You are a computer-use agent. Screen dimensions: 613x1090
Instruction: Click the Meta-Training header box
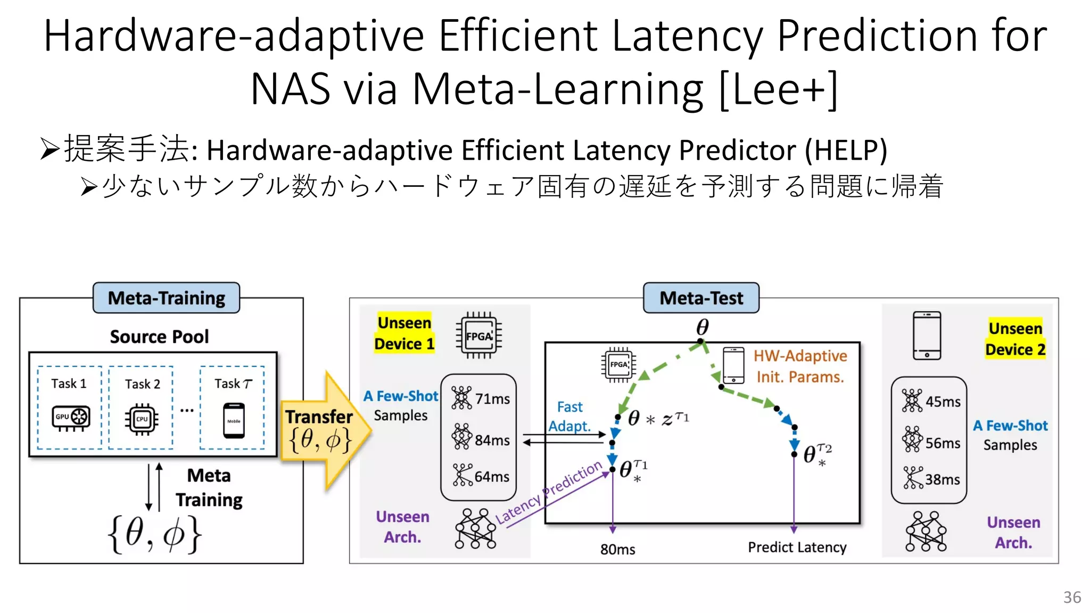point(166,298)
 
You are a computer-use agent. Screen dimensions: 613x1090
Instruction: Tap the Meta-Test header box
point(701,298)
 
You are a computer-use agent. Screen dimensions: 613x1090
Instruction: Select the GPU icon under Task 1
point(71,418)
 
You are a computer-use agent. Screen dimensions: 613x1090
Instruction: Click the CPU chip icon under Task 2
point(142,419)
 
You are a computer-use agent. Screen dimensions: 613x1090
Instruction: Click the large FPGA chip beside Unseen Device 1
point(479,336)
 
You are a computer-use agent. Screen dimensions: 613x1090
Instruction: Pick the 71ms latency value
point(492,399)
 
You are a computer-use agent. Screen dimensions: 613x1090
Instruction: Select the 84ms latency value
point(492,440)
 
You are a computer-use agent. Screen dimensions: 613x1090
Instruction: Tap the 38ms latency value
point(943,479)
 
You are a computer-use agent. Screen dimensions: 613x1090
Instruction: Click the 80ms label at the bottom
point(617,549)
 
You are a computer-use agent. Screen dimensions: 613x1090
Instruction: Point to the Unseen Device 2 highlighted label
point(1015,339)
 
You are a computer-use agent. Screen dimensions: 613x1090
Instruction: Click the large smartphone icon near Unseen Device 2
point(927,336)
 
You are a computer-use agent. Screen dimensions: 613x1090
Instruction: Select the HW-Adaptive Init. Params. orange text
point(800,366)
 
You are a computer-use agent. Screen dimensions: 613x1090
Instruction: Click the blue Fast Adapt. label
point(569,416)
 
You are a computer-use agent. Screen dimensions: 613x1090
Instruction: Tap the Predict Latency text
point(797,547)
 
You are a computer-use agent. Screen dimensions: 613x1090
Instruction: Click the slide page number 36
point(1072,597)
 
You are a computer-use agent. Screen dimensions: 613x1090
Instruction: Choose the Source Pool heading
point(159,337)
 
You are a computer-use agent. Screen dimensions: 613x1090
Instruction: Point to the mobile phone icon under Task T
point(234,420)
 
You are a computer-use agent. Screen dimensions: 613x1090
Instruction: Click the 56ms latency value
point(943,443)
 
